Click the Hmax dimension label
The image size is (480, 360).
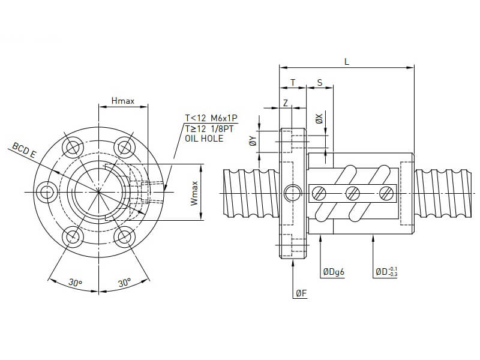pyautogui.click(x=123, y=101)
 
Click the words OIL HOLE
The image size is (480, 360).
pyautogui.click(x=204, y=139)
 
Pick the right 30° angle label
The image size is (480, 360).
pyautogui.click(x=125, y=283)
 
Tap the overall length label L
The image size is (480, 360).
pyautogui.click(x=347, y=61)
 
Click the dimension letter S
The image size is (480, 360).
pyautogui.click(x=319, y=82)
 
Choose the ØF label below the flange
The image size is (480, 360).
pyautogui.click(x=301, y=293)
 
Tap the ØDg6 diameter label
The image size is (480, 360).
pyautogui.click(x=333, y=272)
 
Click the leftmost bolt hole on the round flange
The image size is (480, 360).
pyautogui.click(x=46, y=192)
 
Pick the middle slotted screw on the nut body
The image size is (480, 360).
pyautogui.click(x=353, y=193)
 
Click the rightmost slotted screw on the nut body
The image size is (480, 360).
pyautogui.click(x=386, y=193)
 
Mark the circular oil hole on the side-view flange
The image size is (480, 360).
pyautogui.click(x=292, y=193)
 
